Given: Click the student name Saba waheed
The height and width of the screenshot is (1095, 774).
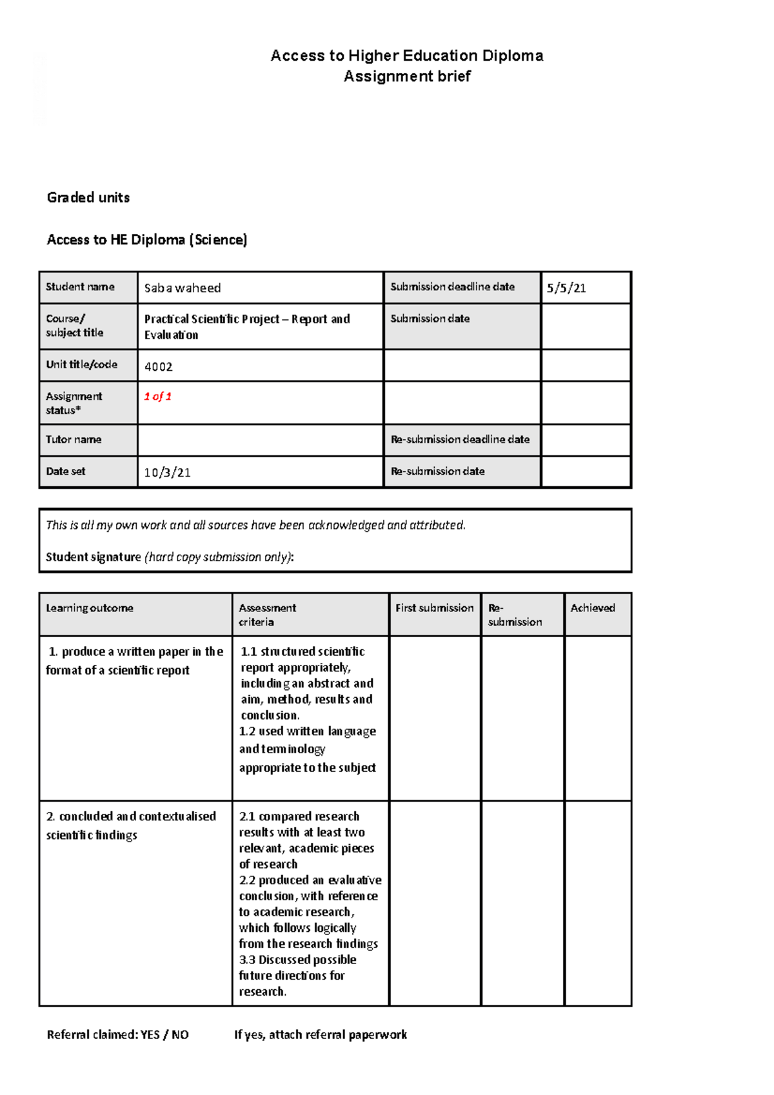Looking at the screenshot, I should (x=183, y=288).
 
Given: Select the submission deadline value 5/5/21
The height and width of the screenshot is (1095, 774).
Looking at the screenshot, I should (x=566, y=288).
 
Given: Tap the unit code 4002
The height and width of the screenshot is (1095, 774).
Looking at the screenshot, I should (x=158, y=366).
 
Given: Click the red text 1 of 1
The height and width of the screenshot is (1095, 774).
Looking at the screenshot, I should (x=157, y=396).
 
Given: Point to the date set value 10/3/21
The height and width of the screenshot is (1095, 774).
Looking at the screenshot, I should (x=167, y=472).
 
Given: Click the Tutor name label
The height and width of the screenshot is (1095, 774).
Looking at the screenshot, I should (x=74, y=439).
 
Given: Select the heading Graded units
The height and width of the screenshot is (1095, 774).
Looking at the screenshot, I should (x=88, y=197).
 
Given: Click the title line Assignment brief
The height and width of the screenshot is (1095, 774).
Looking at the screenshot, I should (x=407, y=76).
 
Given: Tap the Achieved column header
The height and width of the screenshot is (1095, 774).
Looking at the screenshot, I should (x=593, y=607).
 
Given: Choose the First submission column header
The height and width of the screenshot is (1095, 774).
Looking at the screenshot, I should (x=434, y=607).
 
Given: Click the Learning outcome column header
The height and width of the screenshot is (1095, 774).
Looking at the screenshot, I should (x=90, y=607).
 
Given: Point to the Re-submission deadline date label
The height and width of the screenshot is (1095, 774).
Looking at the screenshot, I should (x=460, y=439).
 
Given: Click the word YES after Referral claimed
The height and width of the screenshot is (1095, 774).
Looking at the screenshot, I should (x=150, y=1034).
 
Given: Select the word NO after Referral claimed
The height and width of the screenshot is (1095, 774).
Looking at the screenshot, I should (x=180, y=1034).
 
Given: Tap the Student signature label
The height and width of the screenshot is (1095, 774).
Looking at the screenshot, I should (x=93, y=557).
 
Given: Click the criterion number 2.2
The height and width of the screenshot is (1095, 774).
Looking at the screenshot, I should (x=246, y=880).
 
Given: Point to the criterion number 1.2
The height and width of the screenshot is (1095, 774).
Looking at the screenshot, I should (x=246, y=731).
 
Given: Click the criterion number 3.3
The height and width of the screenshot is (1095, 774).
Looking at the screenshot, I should (x=246, y=960).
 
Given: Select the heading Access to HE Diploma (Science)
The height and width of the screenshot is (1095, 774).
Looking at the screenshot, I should (x=147, y=239).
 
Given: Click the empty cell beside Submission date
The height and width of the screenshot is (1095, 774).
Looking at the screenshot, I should (x=585, y=326).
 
